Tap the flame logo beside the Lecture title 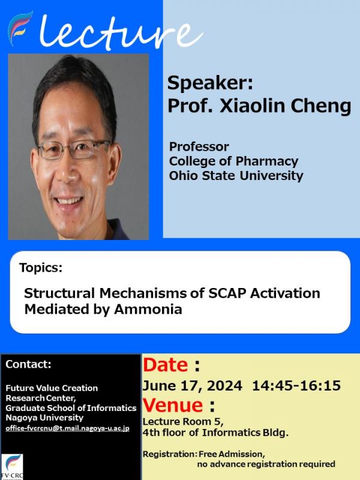pyautogui.click(x=20, y=28)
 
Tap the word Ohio pyautogui.click(x=184, y=176)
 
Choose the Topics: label pyautogui.click(x=41, y=267)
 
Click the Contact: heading pyautogui.click(x=28, y=364)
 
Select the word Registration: pyautogui.click(x=170, y=454)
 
